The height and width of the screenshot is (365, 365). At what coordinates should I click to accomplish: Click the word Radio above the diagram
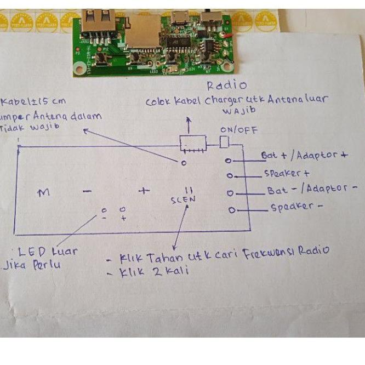tap(226, 85)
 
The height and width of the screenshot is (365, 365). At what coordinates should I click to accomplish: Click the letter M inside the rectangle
tap(44, 192)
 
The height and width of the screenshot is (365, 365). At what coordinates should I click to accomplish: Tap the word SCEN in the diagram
tap(183, 199)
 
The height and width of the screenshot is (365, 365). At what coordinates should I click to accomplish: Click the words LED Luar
tap(48, 252)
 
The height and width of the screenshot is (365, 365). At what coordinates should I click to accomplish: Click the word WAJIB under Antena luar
tap(237, 111)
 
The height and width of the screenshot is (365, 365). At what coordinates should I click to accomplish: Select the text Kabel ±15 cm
tap(27, 102)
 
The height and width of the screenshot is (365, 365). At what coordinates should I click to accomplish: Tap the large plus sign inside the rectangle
tap(144, 191)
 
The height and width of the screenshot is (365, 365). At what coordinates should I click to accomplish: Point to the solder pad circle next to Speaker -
tap(232, 210)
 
